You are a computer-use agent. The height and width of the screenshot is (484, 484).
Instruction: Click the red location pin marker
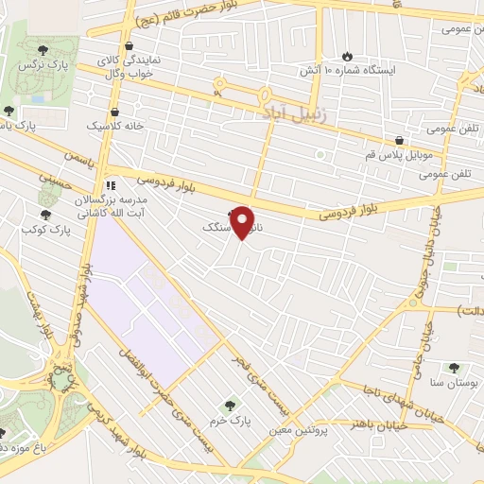coord(243,222)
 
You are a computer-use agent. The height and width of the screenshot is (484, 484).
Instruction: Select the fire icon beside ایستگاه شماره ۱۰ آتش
coord(347,55)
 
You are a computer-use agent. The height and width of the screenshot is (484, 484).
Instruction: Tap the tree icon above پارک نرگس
coord(41,51)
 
